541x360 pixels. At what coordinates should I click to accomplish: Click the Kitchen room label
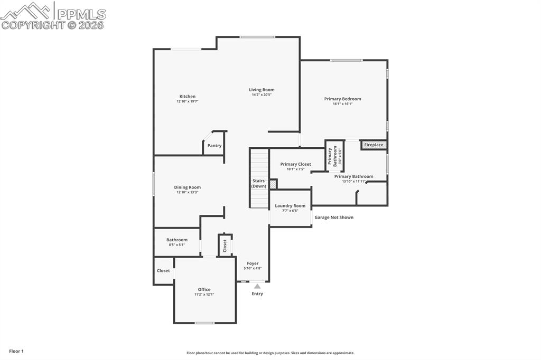(x=188, y=97)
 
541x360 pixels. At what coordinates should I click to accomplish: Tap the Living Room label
(x=262, y=90)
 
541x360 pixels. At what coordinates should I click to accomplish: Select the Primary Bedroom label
(x=342, y=99)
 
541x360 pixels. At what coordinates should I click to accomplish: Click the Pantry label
(x=214, y=146)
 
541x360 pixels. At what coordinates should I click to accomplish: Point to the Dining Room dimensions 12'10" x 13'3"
(x=188, y=192)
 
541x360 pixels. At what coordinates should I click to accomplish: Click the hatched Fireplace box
(x=374, y=145)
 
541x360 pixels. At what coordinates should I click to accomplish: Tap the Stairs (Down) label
(x=259, y=183)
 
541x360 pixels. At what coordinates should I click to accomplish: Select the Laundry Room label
(x=290, y=206)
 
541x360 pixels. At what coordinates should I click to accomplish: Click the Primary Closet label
(x=295, y=164)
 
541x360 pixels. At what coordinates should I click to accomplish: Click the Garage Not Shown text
(x=334, y=217)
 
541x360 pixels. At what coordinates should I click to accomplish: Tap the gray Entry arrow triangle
(x=257, y=286)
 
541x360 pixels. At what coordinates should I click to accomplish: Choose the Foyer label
(x=253, y=263)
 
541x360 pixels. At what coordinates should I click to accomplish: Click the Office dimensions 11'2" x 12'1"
(x=204, y=295)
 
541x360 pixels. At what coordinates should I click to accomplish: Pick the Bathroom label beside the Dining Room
(x=177, y=240)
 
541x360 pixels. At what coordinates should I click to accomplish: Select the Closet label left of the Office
(x=163, y=271)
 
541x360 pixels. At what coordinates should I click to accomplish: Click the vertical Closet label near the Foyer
(x=225, y=245)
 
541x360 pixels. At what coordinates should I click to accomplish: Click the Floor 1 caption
(x=16, y=351)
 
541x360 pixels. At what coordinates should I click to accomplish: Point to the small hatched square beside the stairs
(x=273, y=184)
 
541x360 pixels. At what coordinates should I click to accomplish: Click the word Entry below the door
(x=257, y=294)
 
